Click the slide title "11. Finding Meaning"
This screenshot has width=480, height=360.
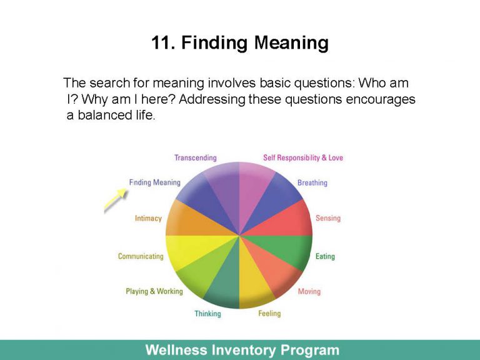(x=239, y=43)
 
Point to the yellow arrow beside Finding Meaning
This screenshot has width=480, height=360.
(x=116, y=200)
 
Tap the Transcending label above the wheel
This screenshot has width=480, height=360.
(x=195, y=158)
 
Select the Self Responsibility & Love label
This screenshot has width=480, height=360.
(x=303, y=158)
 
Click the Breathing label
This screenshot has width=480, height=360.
(x=312, y=183)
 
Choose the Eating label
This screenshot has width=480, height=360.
(x=325, y=256)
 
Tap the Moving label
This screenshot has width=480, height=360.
(x=309, y=291)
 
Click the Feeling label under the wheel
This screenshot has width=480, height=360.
(x=269, y=313)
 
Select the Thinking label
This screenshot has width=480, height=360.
(x=207, y=314)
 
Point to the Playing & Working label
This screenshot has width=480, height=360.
(x=154, y=291)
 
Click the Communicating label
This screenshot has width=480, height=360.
(x=141, y=256)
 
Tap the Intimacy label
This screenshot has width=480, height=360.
(x=148, y=219)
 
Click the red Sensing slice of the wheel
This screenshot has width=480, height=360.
(x=291, y=219)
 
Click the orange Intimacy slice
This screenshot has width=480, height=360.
(x=187, y=219)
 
